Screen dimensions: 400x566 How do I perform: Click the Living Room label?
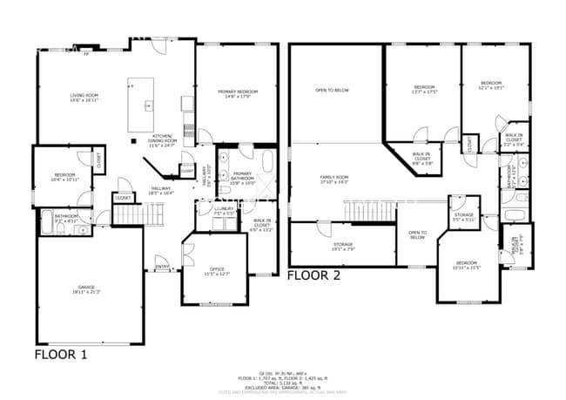(84, 98)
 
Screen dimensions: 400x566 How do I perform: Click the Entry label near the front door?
(162, 267)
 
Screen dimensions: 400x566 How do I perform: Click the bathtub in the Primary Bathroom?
(266, 163)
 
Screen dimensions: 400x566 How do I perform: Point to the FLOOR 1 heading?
(60, 355)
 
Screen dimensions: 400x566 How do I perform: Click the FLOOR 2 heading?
(314, 275)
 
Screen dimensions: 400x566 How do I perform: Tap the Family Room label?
(334, 180)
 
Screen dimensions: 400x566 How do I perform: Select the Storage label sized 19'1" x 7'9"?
(342, 247)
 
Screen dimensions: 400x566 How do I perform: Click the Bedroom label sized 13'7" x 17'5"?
(424, 89)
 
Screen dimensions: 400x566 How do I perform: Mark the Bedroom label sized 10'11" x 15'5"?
(467, 265)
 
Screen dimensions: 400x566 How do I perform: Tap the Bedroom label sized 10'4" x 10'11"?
(65, 177)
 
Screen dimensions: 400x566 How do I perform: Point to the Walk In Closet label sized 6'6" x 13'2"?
(263, 225)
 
